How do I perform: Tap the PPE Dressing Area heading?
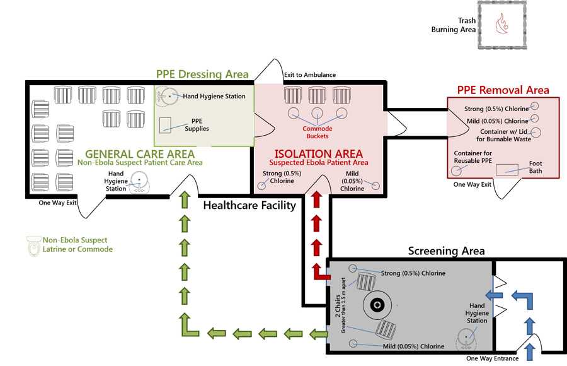(202, 74)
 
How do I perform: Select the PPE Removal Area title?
(503, 90)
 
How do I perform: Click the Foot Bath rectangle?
(507, 169)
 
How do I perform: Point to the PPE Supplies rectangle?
(166, 124)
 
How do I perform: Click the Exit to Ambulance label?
(309, 75)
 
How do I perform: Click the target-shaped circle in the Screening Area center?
(377, 305)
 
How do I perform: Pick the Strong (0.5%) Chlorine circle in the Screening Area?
(353, 269)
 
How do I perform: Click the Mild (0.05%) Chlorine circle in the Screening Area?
(353, 343)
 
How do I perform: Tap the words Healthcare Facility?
(249, 206)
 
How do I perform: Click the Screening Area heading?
(447, 251)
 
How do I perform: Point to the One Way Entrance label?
(493, 358)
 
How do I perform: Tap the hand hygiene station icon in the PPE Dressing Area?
(167, 97)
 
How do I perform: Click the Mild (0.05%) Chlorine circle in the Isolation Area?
(376, 186)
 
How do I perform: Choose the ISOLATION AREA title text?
(318, 153)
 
